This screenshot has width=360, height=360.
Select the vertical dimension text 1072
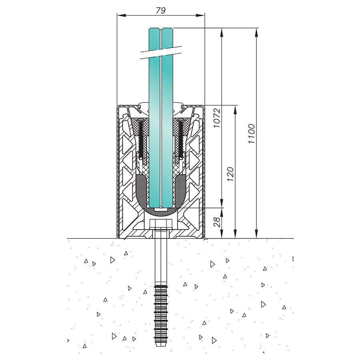pos(216,118)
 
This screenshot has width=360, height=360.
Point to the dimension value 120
pos(230,174)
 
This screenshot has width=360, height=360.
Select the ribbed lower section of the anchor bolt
pos(160,312)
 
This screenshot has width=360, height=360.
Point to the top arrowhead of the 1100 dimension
pos(256,30)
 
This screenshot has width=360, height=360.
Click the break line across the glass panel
pos(160,52)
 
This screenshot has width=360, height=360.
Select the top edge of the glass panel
pos(160,28)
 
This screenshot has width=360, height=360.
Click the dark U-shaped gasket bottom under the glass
pos(160,210)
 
